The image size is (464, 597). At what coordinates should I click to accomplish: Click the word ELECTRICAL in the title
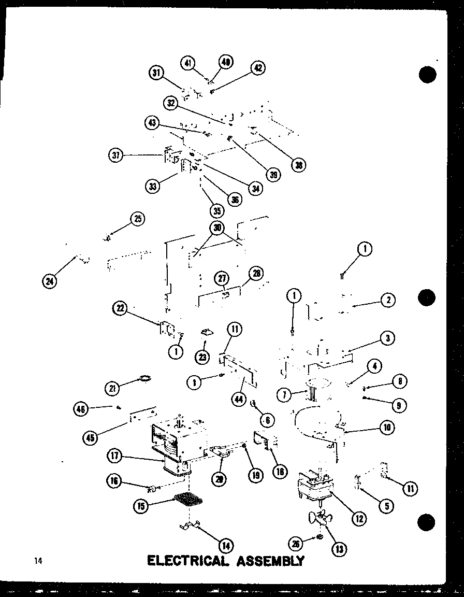coord(188,561)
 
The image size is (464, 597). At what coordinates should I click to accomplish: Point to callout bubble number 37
coord(117,154)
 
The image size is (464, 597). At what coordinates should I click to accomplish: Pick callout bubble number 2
coord(387,299)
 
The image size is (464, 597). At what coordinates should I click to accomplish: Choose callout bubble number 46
coord(81,409)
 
